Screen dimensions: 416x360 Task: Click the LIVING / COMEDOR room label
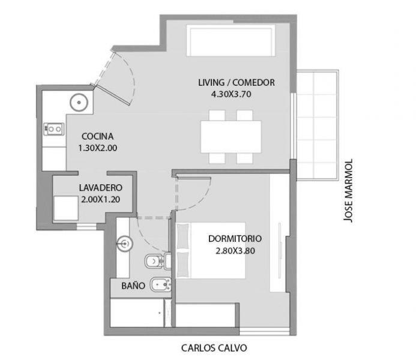pyautogui.click(x=237, y=82)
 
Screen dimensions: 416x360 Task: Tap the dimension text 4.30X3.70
pyautogui.click(x=231, y=94)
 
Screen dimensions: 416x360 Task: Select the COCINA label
pyautogui.click(x=98, y=136)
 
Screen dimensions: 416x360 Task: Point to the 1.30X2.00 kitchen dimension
pyautogui.click(x=98, y=148)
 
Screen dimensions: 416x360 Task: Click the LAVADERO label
pyautogui.click(x=101, y=188)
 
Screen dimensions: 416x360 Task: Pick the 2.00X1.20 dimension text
pyautogui.click(x=101, y=199)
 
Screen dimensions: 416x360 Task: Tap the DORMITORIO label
pyautogui.click(x=235, y=239)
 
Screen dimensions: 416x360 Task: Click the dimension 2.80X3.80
pyautogui.click(x=235, y=251)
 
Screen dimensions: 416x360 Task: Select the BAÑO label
pyautogui.click(x=133, y=285)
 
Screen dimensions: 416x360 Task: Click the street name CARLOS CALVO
pyautogui.click(x=214, y=348)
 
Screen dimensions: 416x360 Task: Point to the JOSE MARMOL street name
pyautogui.click(x=348, y=191)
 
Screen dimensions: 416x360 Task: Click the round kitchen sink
pyautogui.click(x=79, y=102)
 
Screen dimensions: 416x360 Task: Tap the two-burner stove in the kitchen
pyautogui.click(x=54, y=129)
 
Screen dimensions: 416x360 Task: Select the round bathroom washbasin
pyautogui.click(x=124, y=243)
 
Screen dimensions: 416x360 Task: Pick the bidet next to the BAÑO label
pyautogui.click(x=160, y=285)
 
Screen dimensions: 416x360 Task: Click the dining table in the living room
pyautogui.click(x=231, y=137)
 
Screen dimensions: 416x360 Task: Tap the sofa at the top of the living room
pyautogui.click(x=231, y=40)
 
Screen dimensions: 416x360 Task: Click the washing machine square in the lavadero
pyautogui.click(x=66, y=208)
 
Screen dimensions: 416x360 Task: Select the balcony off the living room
pyautogui.click(x=318, y=125)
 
